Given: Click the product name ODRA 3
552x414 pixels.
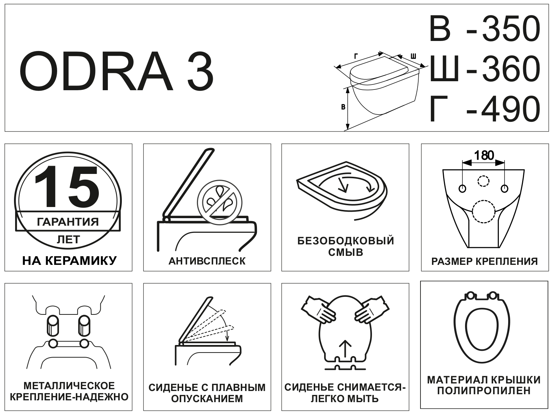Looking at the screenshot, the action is tap(116, 71).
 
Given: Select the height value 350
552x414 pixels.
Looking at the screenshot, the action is tap(511, 28).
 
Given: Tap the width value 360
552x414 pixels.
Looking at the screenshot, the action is tap(511, 69).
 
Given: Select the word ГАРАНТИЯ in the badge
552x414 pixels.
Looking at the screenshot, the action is tap(68, 222).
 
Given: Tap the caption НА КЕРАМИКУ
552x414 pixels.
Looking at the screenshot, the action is tap(69, 261).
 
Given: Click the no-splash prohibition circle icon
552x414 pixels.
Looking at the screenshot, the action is tap(220, 202).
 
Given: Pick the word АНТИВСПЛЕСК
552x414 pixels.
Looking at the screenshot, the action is tap(207, 261).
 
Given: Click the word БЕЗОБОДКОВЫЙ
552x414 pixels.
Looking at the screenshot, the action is tap(346, 241).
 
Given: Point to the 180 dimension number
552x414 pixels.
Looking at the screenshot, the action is tap(484, 156).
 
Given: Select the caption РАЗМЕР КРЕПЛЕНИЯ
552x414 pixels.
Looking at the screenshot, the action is tap(484, 261).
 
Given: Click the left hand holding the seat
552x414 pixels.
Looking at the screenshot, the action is tap(318, 310).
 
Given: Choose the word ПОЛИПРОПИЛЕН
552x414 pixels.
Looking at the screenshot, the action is tap(484, 391).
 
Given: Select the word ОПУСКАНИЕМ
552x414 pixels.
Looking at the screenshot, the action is tap(207, 399).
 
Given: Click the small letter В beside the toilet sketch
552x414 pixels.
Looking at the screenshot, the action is tap(343, 107).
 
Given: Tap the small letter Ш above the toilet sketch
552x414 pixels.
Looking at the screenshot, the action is tap(413, 56).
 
